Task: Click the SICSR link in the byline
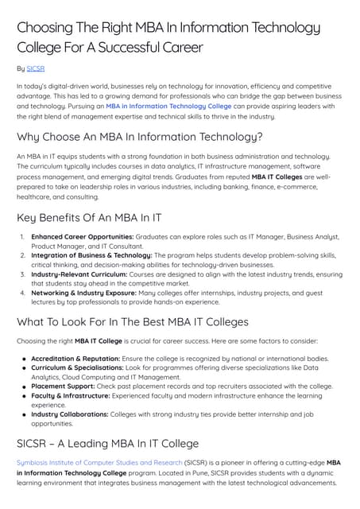(x=36, y=69)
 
